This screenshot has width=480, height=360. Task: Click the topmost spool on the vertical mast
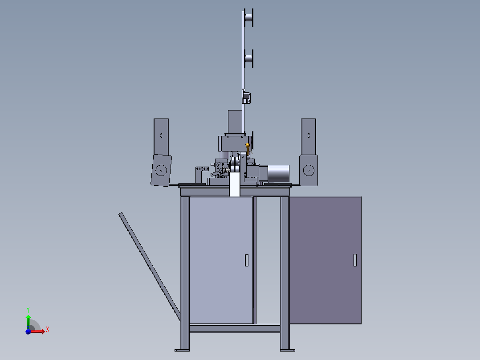249,17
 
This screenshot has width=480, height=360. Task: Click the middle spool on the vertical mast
249,58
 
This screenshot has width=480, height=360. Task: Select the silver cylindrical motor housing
278,174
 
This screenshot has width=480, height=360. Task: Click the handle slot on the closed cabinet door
247,261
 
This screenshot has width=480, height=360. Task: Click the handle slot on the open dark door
355,260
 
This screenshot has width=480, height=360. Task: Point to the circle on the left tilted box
161,170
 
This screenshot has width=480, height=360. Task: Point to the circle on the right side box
309,170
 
